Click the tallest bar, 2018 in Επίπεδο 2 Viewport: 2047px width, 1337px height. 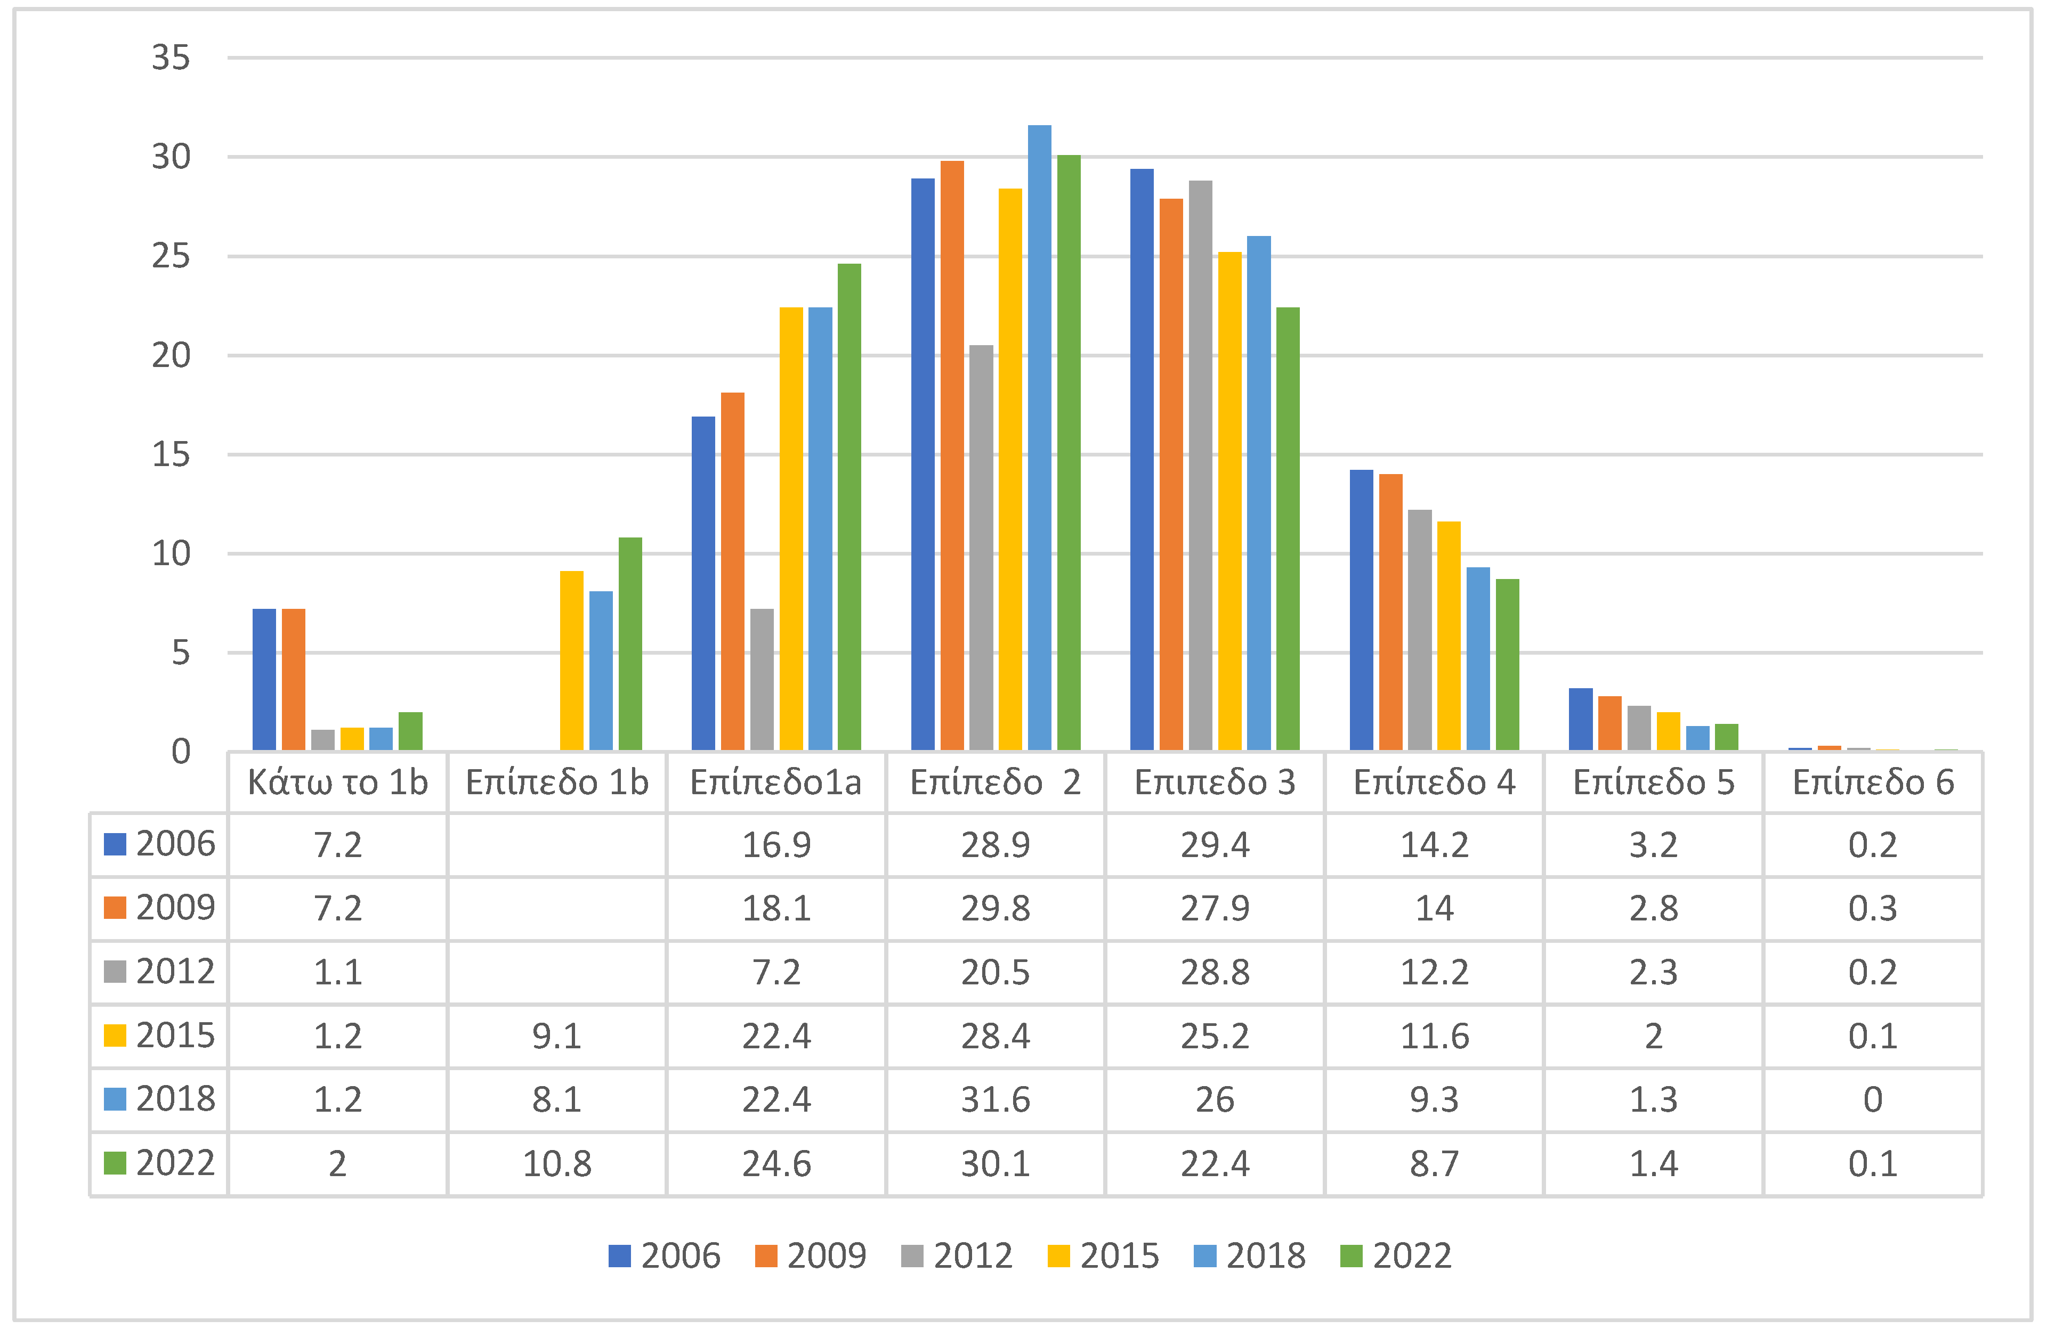coord(1039,438)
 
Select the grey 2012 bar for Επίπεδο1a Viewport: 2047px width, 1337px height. coord(761,679)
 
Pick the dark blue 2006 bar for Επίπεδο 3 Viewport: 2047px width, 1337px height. coord(1142,460)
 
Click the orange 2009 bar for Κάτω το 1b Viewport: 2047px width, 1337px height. coord(293,679)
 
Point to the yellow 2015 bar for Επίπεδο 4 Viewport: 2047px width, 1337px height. coord(1449,636)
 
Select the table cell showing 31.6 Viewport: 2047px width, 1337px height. coord(995,1099)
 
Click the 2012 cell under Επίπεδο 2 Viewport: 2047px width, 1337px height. coord(995,973)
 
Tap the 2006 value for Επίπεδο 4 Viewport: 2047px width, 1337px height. coord(1434,845)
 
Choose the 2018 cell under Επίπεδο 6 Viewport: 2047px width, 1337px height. coord(1872,1099)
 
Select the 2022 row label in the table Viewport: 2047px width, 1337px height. coord(160,1163)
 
